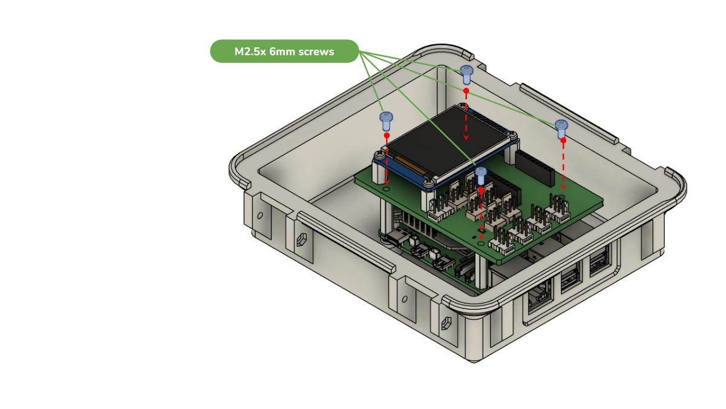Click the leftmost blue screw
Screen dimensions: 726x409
[x=387, y=121]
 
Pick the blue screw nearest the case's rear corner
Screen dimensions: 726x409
[x=466, y=75]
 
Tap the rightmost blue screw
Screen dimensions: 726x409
[x=561, y=128]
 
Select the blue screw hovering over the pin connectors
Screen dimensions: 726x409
[x=480, y=176]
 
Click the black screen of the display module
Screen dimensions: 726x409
[x=447, y=143]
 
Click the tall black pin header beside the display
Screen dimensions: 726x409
[x=535, y=168]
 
